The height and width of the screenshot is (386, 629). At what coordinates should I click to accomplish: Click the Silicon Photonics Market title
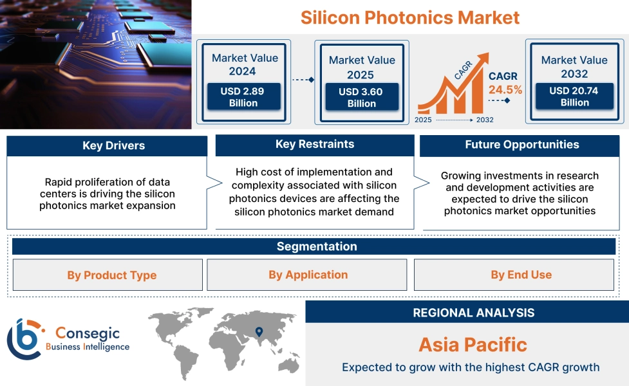pyautogui.click(x=410, y=17)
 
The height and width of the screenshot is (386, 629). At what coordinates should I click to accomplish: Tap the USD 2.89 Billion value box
pyautogui.click(x=243, y=96)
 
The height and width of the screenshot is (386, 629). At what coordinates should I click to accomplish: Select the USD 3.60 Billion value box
pyautogui.click(x=362, y=97)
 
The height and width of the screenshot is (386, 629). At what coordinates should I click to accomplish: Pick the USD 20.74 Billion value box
pyautogui.click(x=574, y=96)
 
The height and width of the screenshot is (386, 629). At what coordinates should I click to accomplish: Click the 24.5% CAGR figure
pyautogui.click(x=505, y=89)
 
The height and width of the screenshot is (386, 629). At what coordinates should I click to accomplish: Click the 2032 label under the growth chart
pyautogui.click(x=485, y=120)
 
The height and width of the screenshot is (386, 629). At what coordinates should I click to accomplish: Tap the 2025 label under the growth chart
pyautogui.click(x=423, y=120)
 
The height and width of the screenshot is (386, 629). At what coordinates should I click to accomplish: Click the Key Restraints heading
pyautogui.click(x=315, y=144)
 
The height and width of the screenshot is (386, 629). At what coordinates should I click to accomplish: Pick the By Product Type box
pyautogui.click(x=108, y=275)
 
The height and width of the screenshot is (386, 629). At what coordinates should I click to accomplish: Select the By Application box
pyautogui.click(x=307, y=275)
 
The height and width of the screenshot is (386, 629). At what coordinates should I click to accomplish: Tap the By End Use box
pyautogui.click(x=514, y=275)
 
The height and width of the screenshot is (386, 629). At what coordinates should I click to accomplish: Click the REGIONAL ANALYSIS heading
pyautogui.click(x=474, y=313)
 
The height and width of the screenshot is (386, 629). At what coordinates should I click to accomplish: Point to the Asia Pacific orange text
pyautogui.click(x=473, y=345)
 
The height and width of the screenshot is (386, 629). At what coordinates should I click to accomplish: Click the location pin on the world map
pyautogui.click(x=259, y=332)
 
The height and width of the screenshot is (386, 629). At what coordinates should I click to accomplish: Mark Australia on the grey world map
pyautogui.click(x=289, y=365)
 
